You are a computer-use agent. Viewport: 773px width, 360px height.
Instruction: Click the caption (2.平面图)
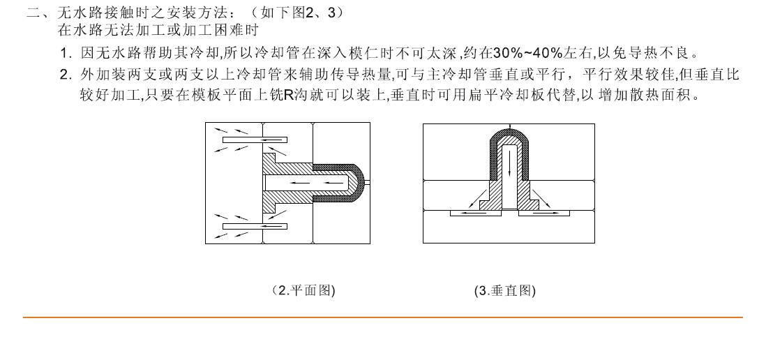pyautogui.click(x=303, y=290)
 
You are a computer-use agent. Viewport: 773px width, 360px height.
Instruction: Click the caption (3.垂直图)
pyautogui.click(x=505, y=290)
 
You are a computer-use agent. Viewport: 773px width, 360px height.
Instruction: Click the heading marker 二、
pyautogui.click(x=39, y=13)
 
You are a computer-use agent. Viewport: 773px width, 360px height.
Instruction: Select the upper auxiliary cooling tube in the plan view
pyautogui.click(x=255, y=140)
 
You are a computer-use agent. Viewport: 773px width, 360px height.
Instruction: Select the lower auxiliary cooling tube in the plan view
pyautogui.click(x=255, y=226)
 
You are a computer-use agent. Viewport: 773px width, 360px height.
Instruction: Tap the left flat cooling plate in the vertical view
pyautogui.click(x=476, y=213)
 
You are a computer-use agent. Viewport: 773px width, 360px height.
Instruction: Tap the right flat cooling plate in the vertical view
pyautogui.click(x=544, y=213)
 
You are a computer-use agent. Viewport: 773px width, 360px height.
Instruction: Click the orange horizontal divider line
pyautogui.click(x=382, y=317)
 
